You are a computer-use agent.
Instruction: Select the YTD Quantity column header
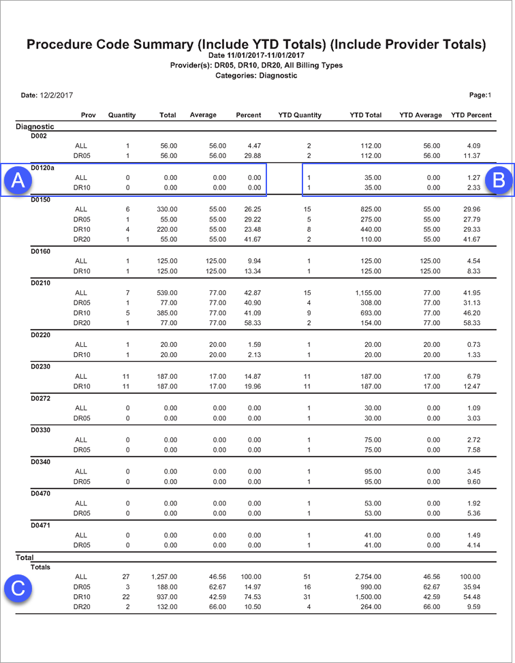click(300, 115)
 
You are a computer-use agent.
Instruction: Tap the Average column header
click(203, 115)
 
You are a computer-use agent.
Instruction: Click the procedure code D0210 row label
click(42, 282)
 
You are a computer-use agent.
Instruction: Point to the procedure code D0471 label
click(42, 525)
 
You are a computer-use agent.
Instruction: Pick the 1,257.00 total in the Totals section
click(163, 576)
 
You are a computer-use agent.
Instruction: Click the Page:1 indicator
click(480, 95)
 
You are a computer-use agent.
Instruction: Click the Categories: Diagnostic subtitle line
click(256, 76)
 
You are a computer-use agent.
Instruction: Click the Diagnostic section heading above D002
click(35, 126)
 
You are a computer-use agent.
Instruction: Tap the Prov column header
click(88, 115)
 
